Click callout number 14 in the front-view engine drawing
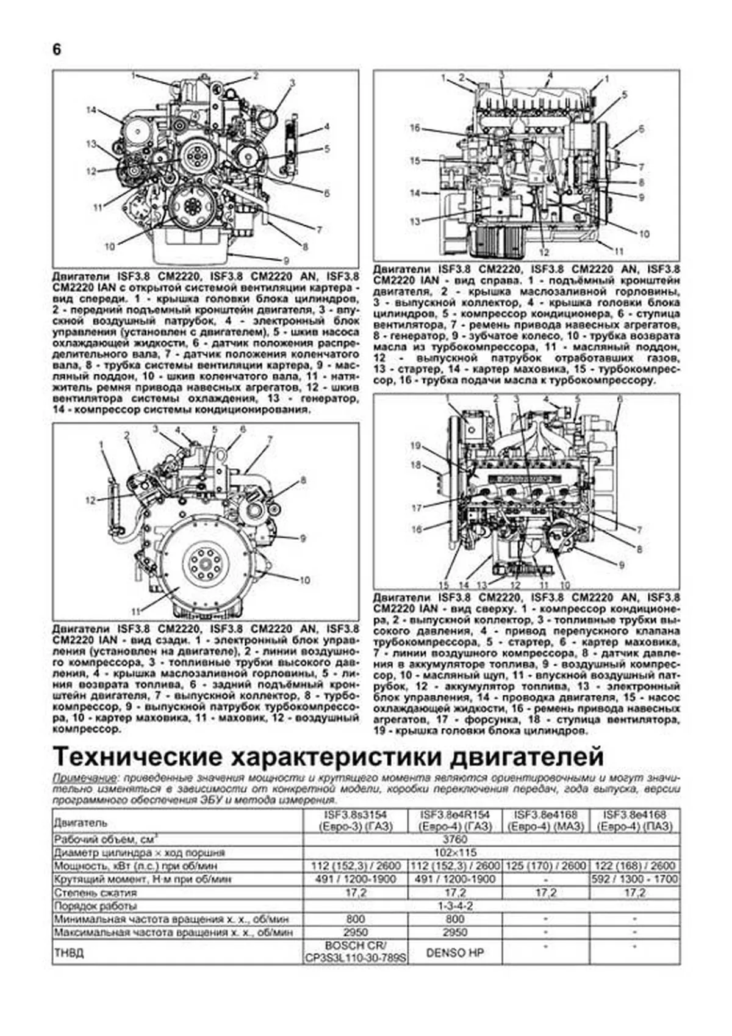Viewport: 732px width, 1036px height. [x=91, y=110]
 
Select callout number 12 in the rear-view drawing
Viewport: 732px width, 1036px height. [x=90, y=501]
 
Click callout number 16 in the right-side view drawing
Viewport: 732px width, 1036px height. [x=415, y=128]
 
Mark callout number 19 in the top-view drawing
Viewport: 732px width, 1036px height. [x=415, y=446]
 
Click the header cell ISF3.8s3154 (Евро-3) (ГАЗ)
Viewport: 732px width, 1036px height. [x=355, y=820]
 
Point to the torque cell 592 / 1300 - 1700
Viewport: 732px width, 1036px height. [x=636, y=880]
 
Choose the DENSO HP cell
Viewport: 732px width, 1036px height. [x=454, y=952]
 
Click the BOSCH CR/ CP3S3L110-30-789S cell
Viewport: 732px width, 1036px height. [x=355, y=952]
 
